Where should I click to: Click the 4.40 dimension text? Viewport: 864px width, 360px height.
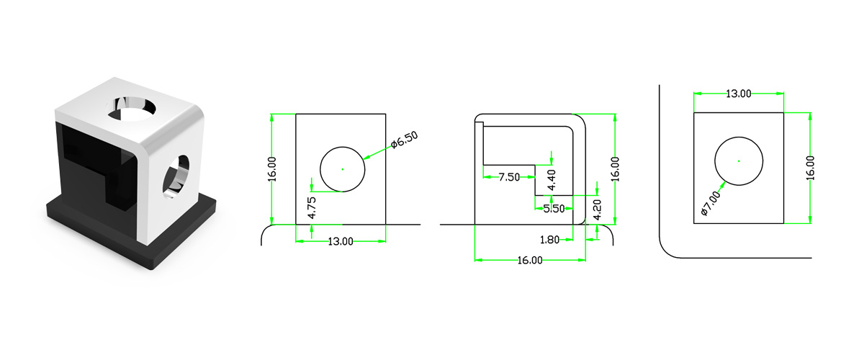[552, 177]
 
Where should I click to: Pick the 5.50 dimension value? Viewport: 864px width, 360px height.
[554, 208]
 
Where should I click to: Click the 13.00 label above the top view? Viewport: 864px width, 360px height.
[737, 94]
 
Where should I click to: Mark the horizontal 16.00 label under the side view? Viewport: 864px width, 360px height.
[528, 260]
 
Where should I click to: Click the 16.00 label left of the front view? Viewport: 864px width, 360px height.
[272, 169]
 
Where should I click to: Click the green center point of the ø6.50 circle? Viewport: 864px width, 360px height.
[343, 169]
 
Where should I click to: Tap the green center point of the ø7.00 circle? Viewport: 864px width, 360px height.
[739, 161]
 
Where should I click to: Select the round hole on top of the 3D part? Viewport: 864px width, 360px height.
[134, 107]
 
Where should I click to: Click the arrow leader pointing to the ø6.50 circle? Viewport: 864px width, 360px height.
[376, 153]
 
